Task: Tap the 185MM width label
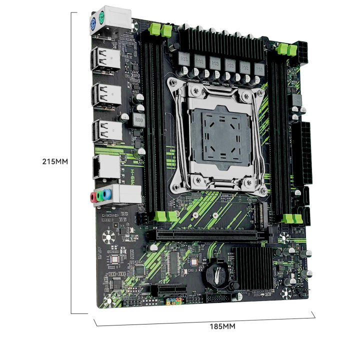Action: (221, 326)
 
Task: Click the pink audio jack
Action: (93, 197)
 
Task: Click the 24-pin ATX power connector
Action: (304, 150)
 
